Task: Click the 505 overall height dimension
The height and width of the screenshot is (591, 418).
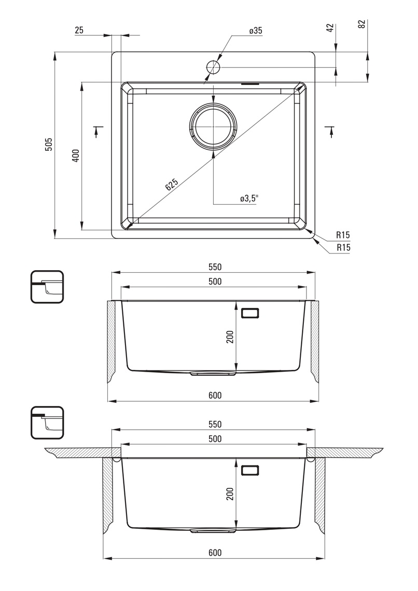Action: [x=49, y=144]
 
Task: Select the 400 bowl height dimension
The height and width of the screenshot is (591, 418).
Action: [x=76, y=156]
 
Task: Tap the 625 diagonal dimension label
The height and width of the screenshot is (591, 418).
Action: [x=171, y=185]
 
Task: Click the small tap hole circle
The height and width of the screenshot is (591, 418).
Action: [x=213, y=67]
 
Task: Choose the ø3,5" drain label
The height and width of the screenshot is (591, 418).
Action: [x=249, y=199]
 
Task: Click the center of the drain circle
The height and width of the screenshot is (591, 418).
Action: [x=213, y=126]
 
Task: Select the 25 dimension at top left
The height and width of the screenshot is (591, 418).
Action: [x=79, y=30]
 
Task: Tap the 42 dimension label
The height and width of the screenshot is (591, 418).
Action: [x=330, y=27]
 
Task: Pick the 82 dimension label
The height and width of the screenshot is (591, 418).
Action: [x=362, y=24]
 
